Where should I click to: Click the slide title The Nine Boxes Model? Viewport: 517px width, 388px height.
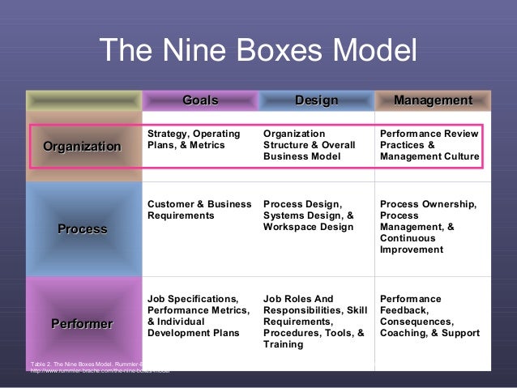click(258, 53)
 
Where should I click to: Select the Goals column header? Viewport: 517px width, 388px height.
click(200, 100)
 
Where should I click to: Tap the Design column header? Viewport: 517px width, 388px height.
click(316, 100)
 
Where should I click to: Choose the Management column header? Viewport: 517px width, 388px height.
click(433, 100)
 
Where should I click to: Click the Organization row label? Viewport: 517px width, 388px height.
click(82, 146)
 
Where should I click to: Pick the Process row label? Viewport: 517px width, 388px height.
click(82, 229)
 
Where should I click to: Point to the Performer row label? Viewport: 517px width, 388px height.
click(82, 324)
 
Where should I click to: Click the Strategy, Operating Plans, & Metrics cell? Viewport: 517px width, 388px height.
click(194, 139)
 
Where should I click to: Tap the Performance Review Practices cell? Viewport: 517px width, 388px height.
click(429, 145)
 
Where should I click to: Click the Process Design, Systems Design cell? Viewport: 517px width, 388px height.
click(309, 215)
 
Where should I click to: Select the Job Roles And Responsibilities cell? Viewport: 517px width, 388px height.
click(314, 322)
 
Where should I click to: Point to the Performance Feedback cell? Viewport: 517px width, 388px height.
click(429, 316)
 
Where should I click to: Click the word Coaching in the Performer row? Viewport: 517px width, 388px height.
click(404, 333)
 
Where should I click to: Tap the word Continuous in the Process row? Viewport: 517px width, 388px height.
click(407, 239)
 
